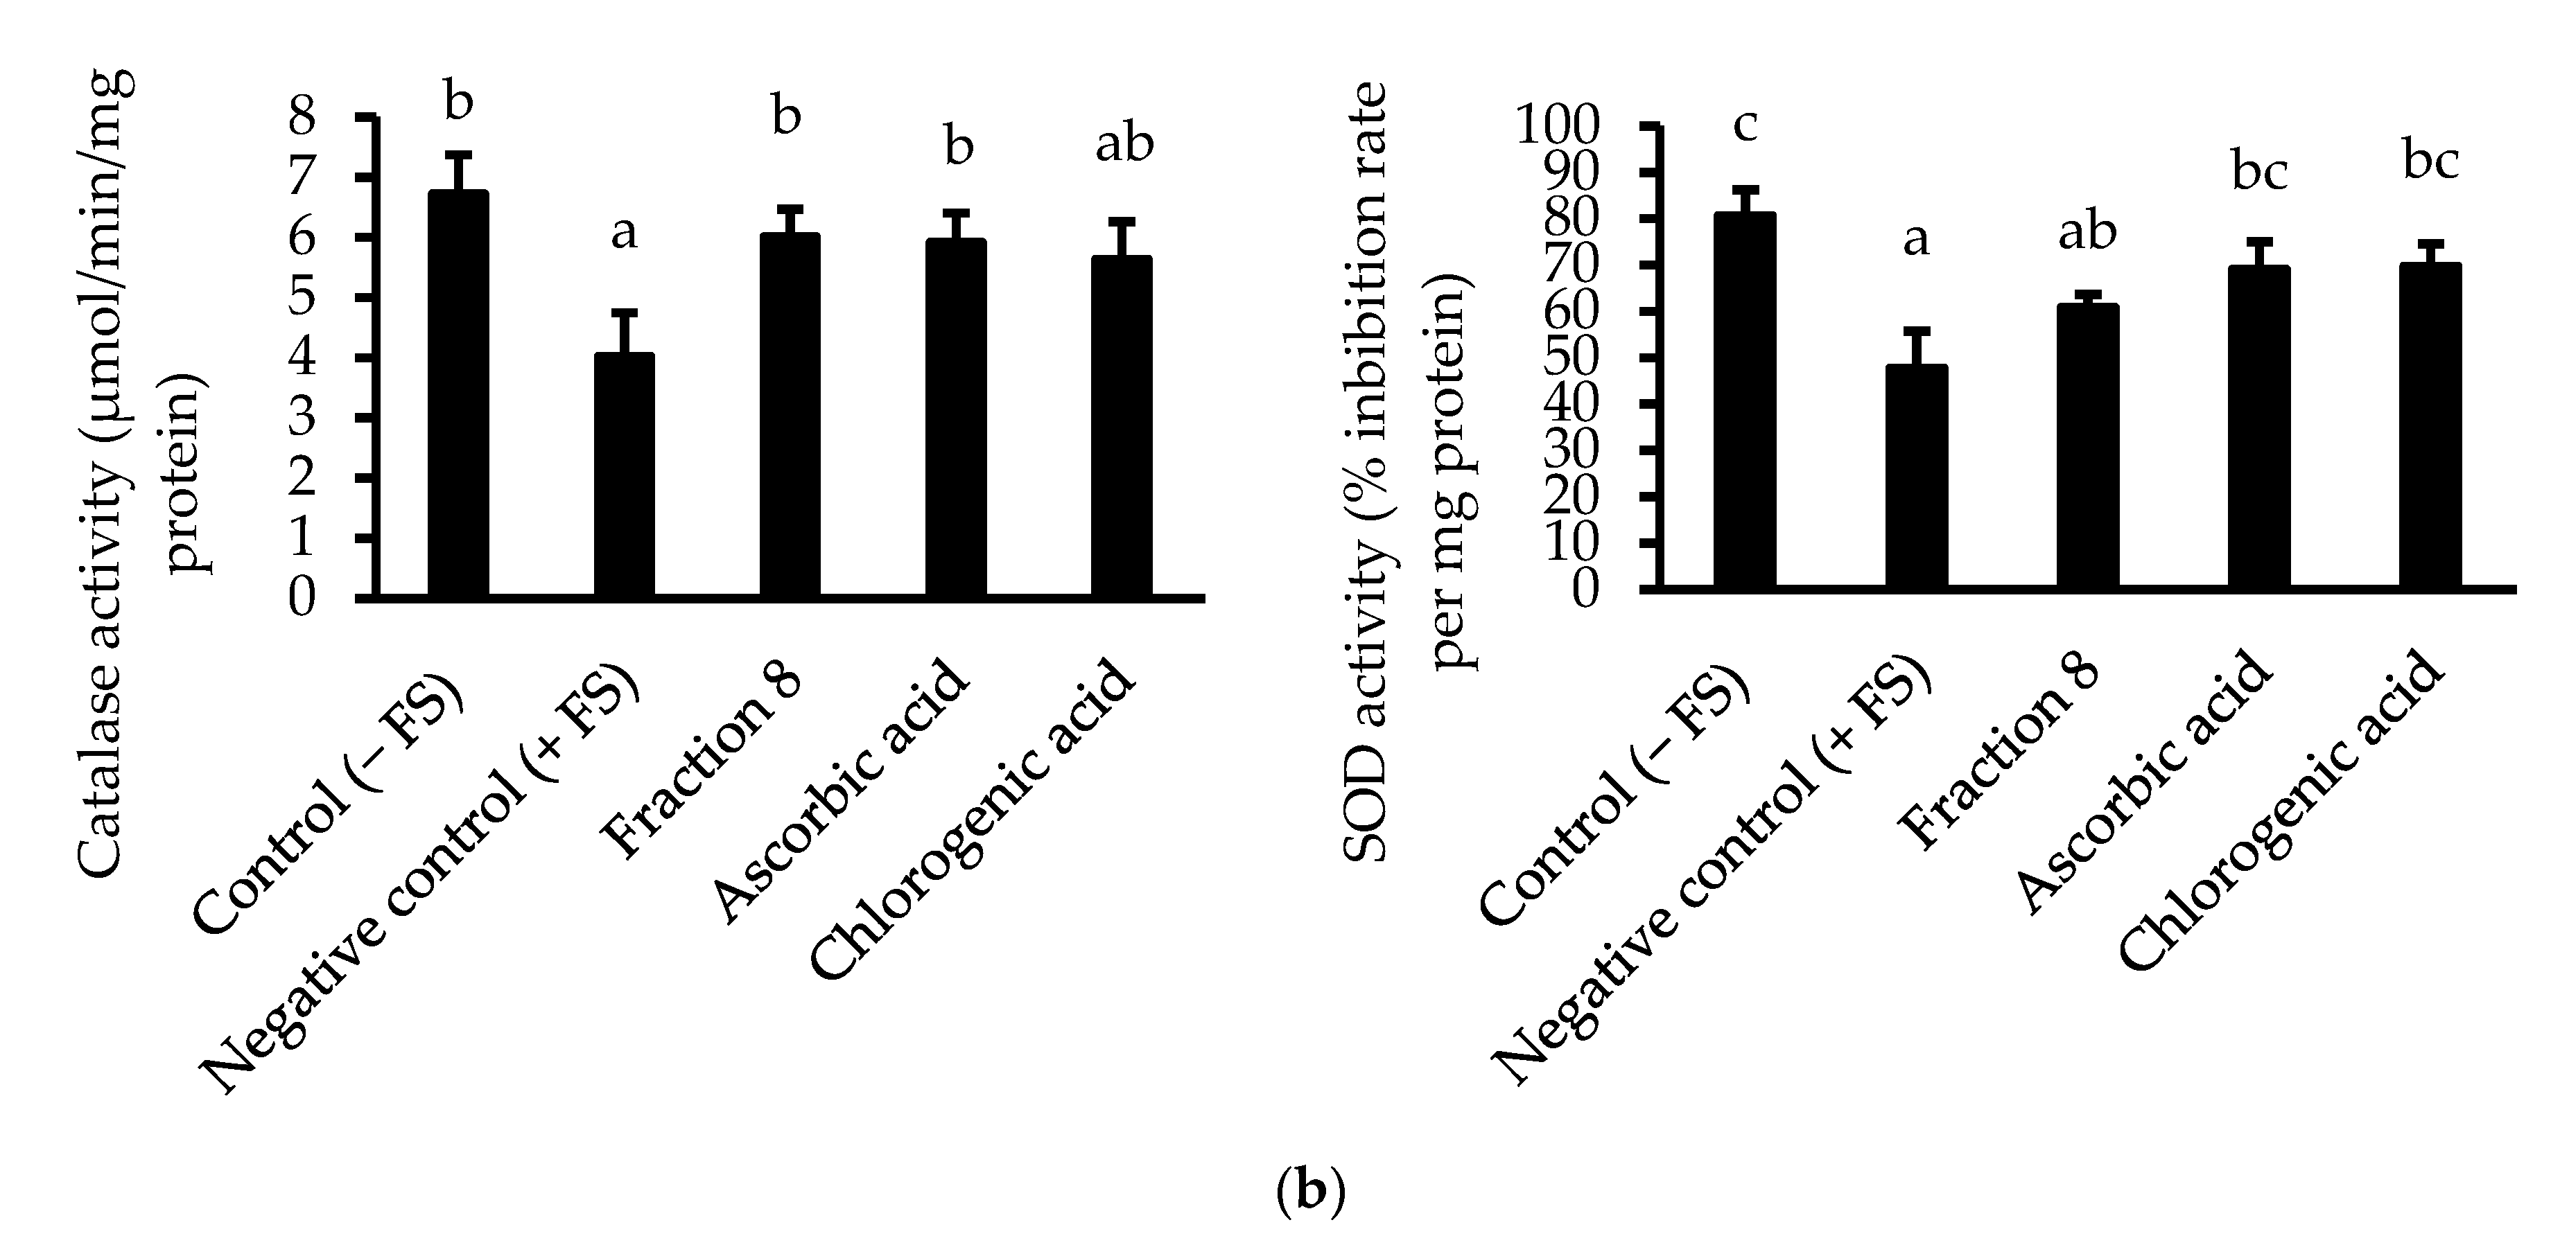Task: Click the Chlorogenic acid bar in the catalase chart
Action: tap(1122, 427)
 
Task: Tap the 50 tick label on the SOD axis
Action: tap(1572, 357)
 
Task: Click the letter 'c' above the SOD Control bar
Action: tap(1745, 126)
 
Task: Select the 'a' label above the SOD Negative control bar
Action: tap(1915, 240)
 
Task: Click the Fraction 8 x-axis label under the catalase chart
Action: tap(704, 760)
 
